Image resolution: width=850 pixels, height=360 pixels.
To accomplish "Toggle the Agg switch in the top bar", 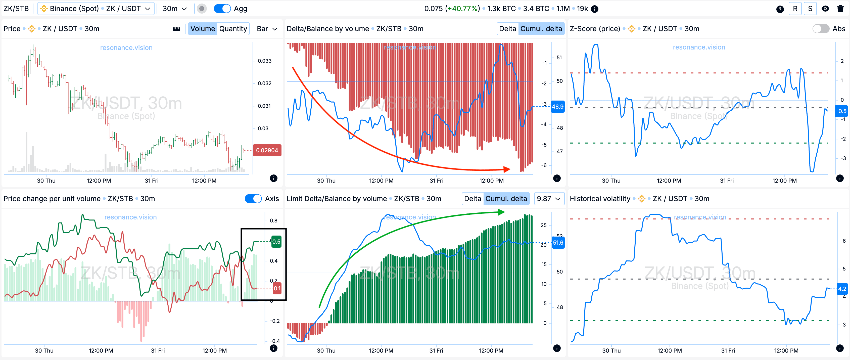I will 222,9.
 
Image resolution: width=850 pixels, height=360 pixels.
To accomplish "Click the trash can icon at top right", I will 840,9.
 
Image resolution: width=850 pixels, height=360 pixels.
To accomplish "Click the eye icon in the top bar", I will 825,9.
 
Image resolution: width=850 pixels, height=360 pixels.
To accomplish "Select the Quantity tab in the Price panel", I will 233,29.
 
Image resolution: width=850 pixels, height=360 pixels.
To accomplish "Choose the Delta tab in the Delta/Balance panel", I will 507,29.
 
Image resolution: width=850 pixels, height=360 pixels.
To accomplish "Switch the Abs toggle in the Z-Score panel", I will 820,29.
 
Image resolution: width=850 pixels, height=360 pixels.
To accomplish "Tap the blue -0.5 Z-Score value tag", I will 842,111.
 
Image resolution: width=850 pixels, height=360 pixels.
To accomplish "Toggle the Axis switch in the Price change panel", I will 253,199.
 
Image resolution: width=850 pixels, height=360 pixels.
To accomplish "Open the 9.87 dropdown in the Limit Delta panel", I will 548,199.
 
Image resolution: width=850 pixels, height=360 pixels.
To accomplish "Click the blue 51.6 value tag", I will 558,243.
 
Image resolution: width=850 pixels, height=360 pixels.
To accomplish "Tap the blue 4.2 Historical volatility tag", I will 842,289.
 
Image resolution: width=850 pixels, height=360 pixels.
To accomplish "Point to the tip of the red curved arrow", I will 510,169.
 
